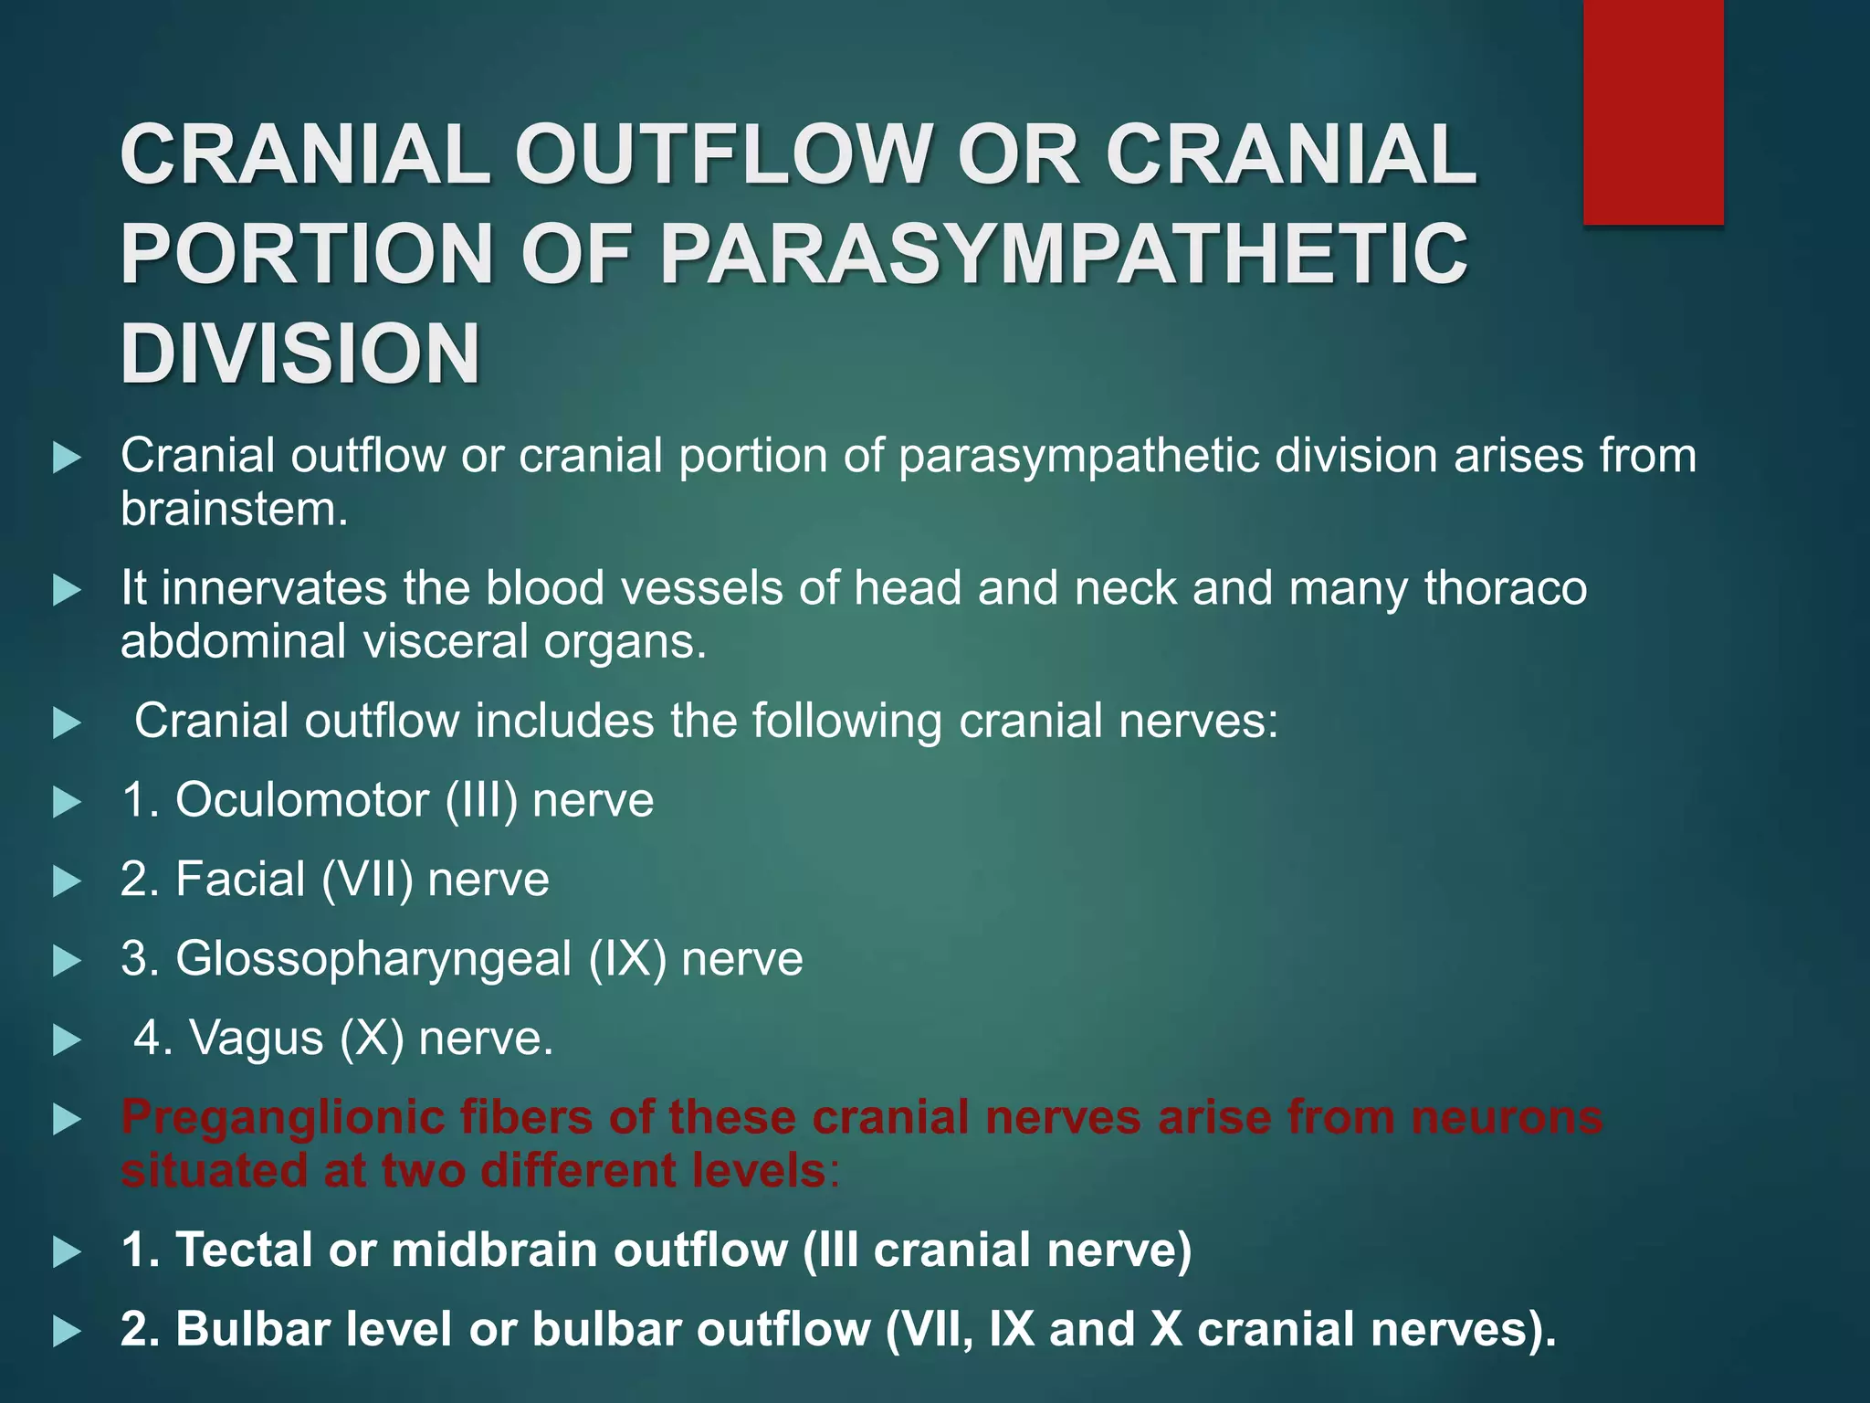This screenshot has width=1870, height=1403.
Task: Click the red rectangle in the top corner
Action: point(1653,111)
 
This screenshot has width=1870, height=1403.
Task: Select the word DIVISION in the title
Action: point(300,353)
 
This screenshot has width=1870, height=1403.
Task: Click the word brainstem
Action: point(234,509)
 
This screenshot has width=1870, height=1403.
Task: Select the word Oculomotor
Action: point(302,800)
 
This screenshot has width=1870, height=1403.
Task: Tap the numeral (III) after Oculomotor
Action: point(481,800)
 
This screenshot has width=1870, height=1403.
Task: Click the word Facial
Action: point(240,880)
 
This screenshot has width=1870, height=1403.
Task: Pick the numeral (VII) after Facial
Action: point(367,880)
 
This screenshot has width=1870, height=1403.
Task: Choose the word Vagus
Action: point(256,1039)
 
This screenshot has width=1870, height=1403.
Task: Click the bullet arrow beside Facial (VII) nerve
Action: point(67,881)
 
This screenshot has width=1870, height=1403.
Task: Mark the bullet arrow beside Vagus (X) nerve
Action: point(67,1040)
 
